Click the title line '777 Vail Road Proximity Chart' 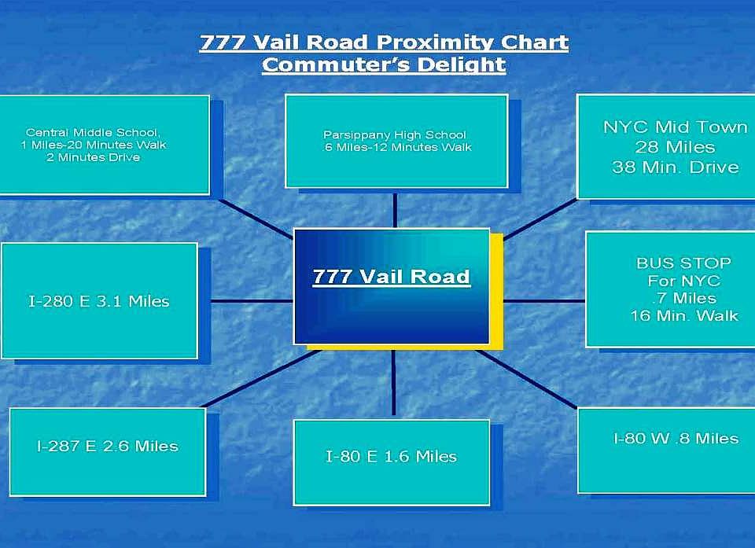pos(385,42)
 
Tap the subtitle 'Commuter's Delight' pos(384,64)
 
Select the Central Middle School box pos(105,145)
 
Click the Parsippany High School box pos(396,141)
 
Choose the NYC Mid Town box pos(666,146)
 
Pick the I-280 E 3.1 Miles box pos(99,301)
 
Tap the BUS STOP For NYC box pos(670,289)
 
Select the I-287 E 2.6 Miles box pos(108,452)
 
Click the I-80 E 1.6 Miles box pos(392,462)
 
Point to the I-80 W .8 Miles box pos(666,451)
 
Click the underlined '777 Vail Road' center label pos(391,277)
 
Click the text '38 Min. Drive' pos(675,167)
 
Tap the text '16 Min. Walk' pos(684,315)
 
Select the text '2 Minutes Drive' pos(94,157)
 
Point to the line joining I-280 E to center pos(252,301)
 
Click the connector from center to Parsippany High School pos(395,211)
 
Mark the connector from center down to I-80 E pos(393,382)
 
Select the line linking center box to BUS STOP pos(544,301)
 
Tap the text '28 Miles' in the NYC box pos(675,147)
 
